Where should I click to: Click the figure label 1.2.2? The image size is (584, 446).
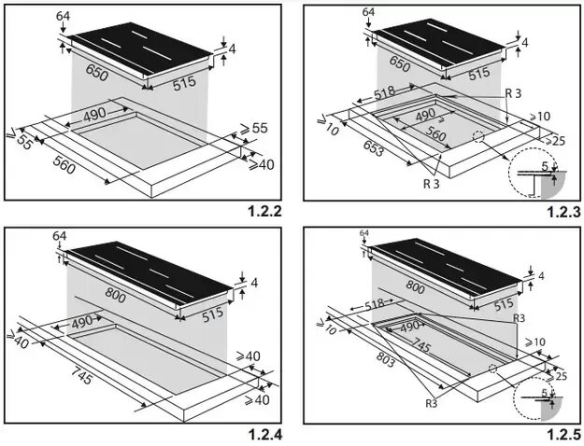coord(265,212)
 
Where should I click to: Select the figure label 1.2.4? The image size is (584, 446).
coord(265,433)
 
